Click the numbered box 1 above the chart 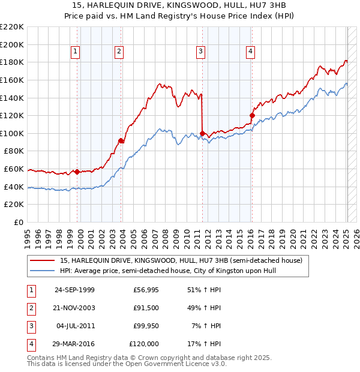(x=76, y=52)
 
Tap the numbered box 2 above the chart (x=119, y=52)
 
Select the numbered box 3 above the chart (x=200, y=52)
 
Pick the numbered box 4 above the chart (x=249, y=52)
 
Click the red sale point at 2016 (x=252, y=115)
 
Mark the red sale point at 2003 (x=121, y=140)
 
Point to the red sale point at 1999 (x=77, y=172)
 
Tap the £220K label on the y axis (x=12, y=27)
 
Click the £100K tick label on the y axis (x=12, y=133)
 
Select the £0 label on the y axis (x=19, y=222)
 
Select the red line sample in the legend (x=41, y=260)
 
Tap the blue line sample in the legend (x=41, y=271)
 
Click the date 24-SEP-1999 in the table (x=74, y=290)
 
